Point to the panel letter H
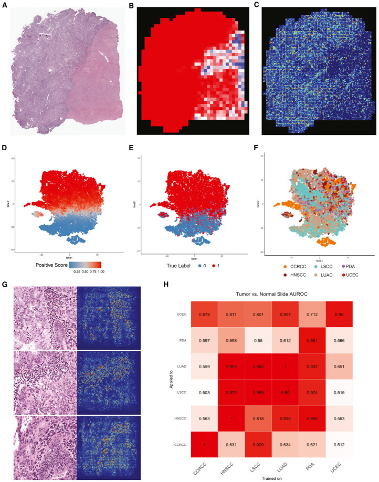[166, 284]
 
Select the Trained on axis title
[269, 477]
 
